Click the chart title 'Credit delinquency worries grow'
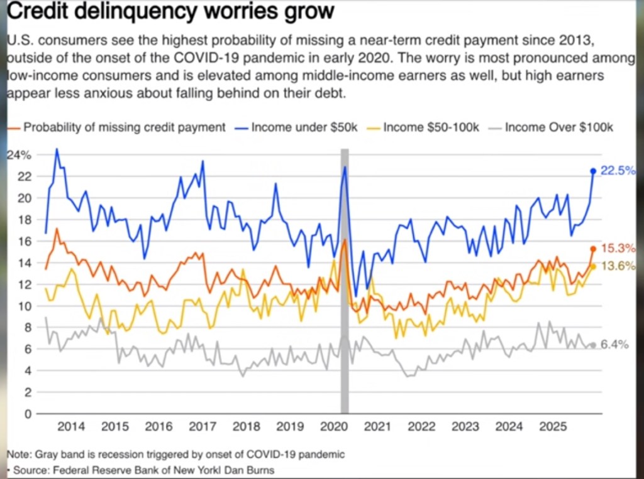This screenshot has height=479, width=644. click(169, 12)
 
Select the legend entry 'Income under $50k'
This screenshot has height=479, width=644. click(304, 127)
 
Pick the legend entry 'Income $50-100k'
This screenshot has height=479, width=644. click(431, 127)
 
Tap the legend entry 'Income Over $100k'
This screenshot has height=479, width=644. click(558, 127)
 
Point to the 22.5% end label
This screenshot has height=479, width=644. click(617, 171)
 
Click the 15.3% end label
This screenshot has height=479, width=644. click(617, 248)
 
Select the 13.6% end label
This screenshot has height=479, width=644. click(617, 266)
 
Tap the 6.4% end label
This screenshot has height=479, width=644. click(615, 344)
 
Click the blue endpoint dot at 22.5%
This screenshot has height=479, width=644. click(593, 171)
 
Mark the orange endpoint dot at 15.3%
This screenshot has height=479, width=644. click(593, 249)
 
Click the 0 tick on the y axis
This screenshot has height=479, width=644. click(27, 414)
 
